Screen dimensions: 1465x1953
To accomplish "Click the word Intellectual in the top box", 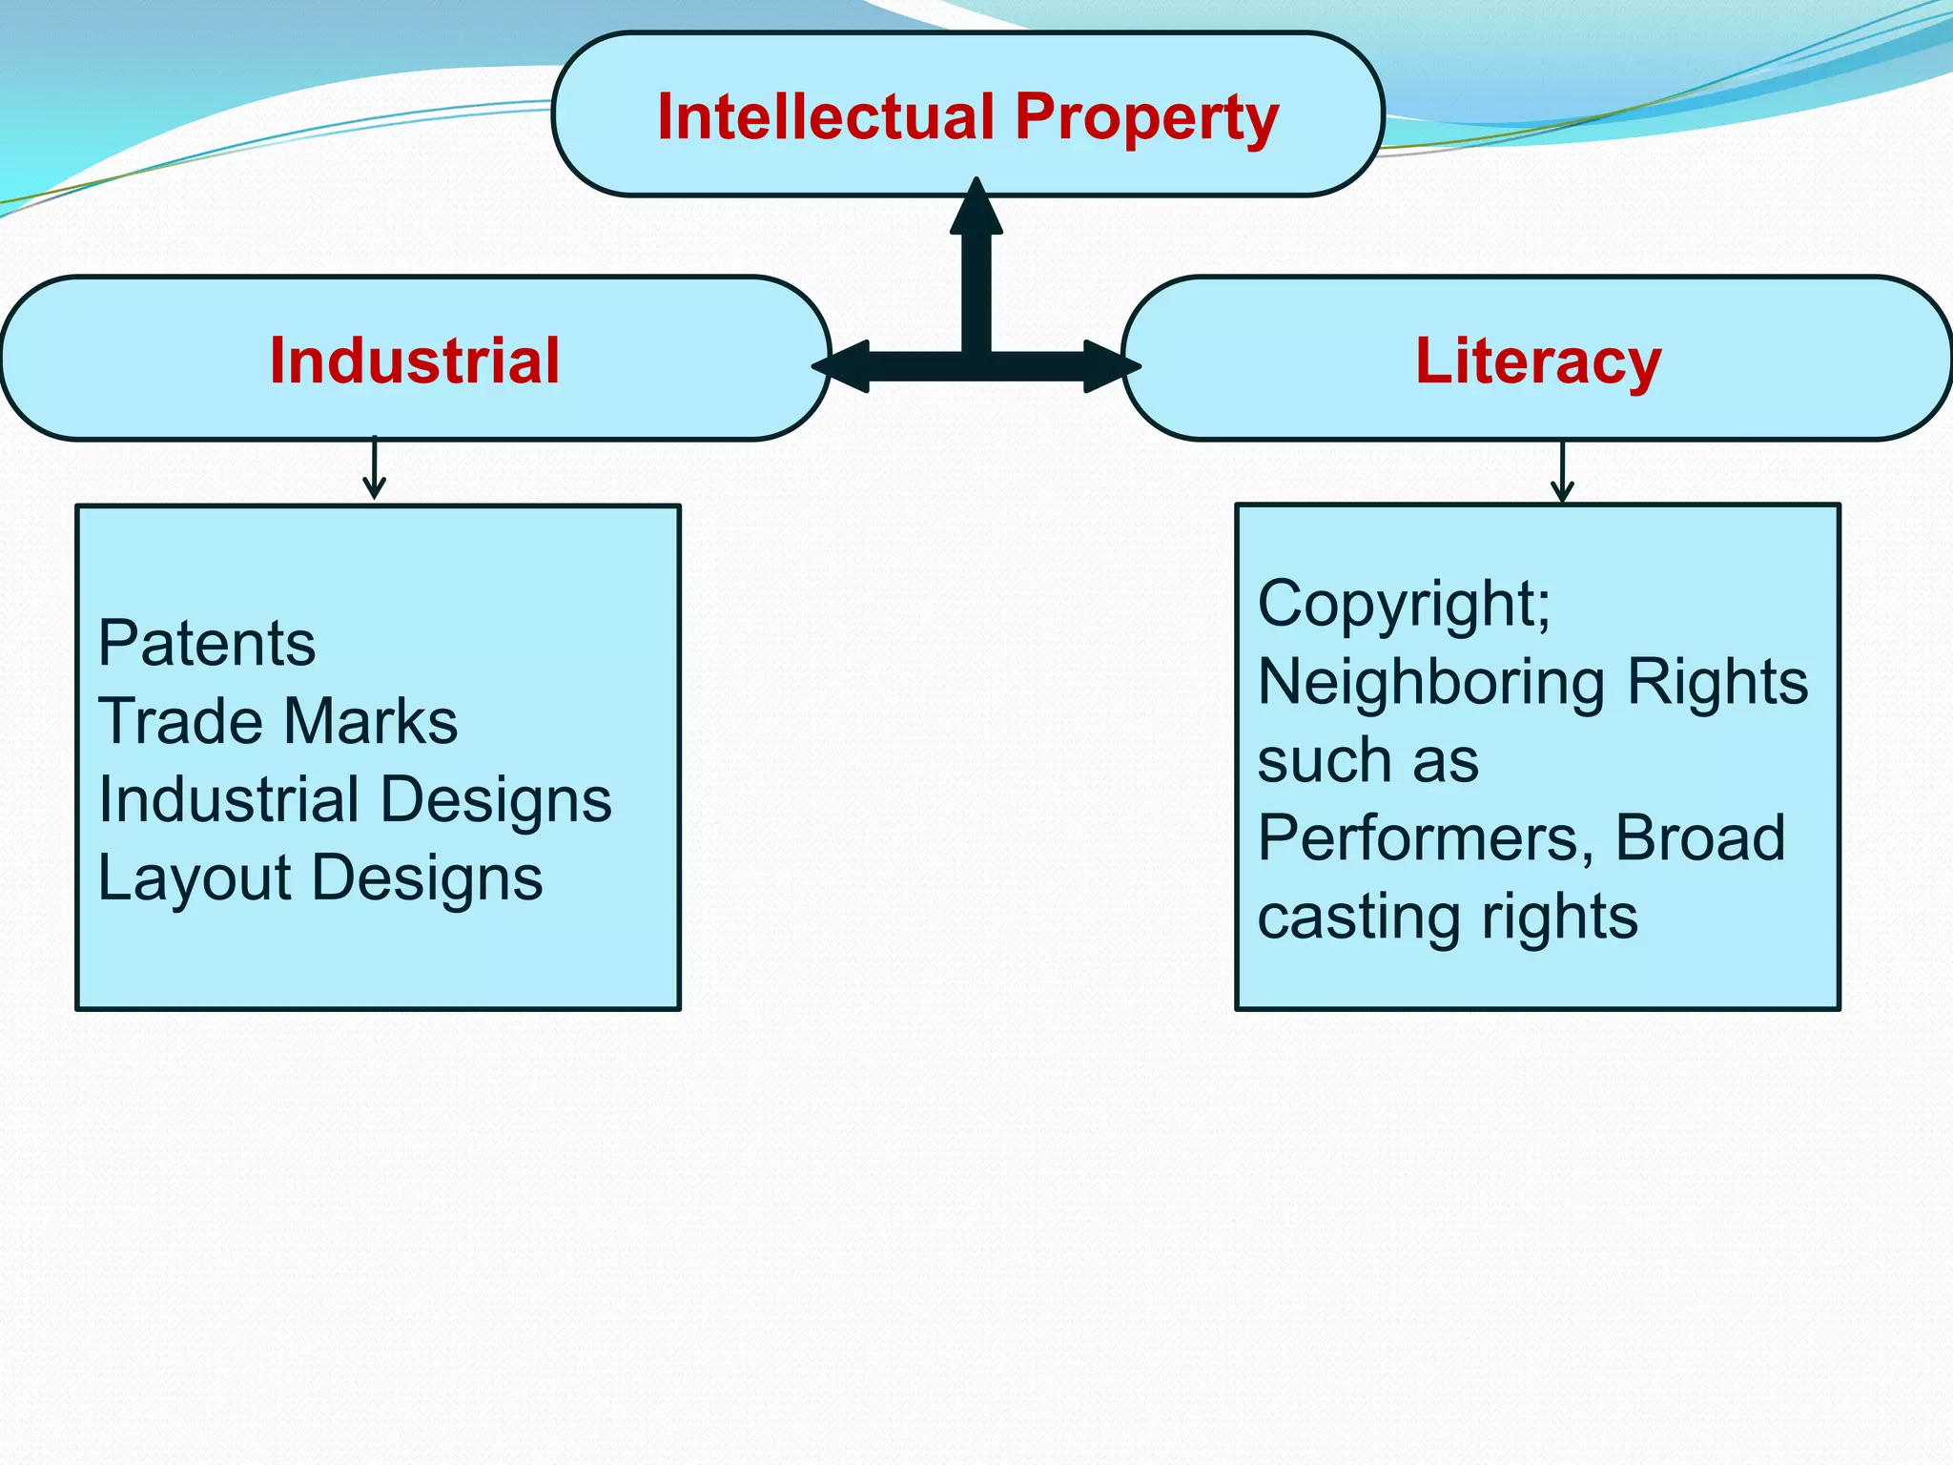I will (826, 117).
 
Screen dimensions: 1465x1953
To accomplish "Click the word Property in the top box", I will (1146, 119).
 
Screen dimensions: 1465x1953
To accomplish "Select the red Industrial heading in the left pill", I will (415, 361).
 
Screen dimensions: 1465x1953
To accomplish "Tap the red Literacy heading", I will (1538, 362).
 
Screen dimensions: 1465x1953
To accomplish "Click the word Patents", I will (206, 643).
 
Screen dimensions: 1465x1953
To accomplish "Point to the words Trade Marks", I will (278, 721).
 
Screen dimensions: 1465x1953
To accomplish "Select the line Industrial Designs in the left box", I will (355, 799).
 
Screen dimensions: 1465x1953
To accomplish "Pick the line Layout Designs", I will (320, 877).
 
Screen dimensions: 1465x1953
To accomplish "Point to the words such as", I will (1367, 760).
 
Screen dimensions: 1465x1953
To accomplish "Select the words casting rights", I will (1448, 917).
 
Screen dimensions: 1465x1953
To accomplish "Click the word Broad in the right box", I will (1699, 838).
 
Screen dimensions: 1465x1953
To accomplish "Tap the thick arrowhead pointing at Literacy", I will (1111, 366).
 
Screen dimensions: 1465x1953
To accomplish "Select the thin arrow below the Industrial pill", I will (375, 468).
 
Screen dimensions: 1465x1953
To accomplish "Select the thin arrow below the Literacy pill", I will (1562, 471).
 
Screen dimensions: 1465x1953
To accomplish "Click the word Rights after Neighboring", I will (1717, 682).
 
